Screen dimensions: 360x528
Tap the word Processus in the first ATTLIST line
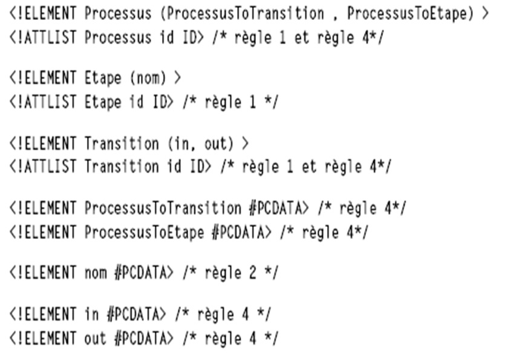(x=118, y=38)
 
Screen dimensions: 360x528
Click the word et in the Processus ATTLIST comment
(x=302, y=38)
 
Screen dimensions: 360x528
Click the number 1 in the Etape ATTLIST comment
(x=253, y=102)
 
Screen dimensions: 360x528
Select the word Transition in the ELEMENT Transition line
(x=122, y=144)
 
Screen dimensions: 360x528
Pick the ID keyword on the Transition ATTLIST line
(x=197, y=167)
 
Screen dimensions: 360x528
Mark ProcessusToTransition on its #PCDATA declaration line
(x=163, y=209)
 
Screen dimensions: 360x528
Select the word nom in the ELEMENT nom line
(x=96, y=273)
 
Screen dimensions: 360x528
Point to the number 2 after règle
(x=253, y=273)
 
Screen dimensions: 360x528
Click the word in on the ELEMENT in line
(x=91, y=315)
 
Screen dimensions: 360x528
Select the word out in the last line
(x=96, y=338)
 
